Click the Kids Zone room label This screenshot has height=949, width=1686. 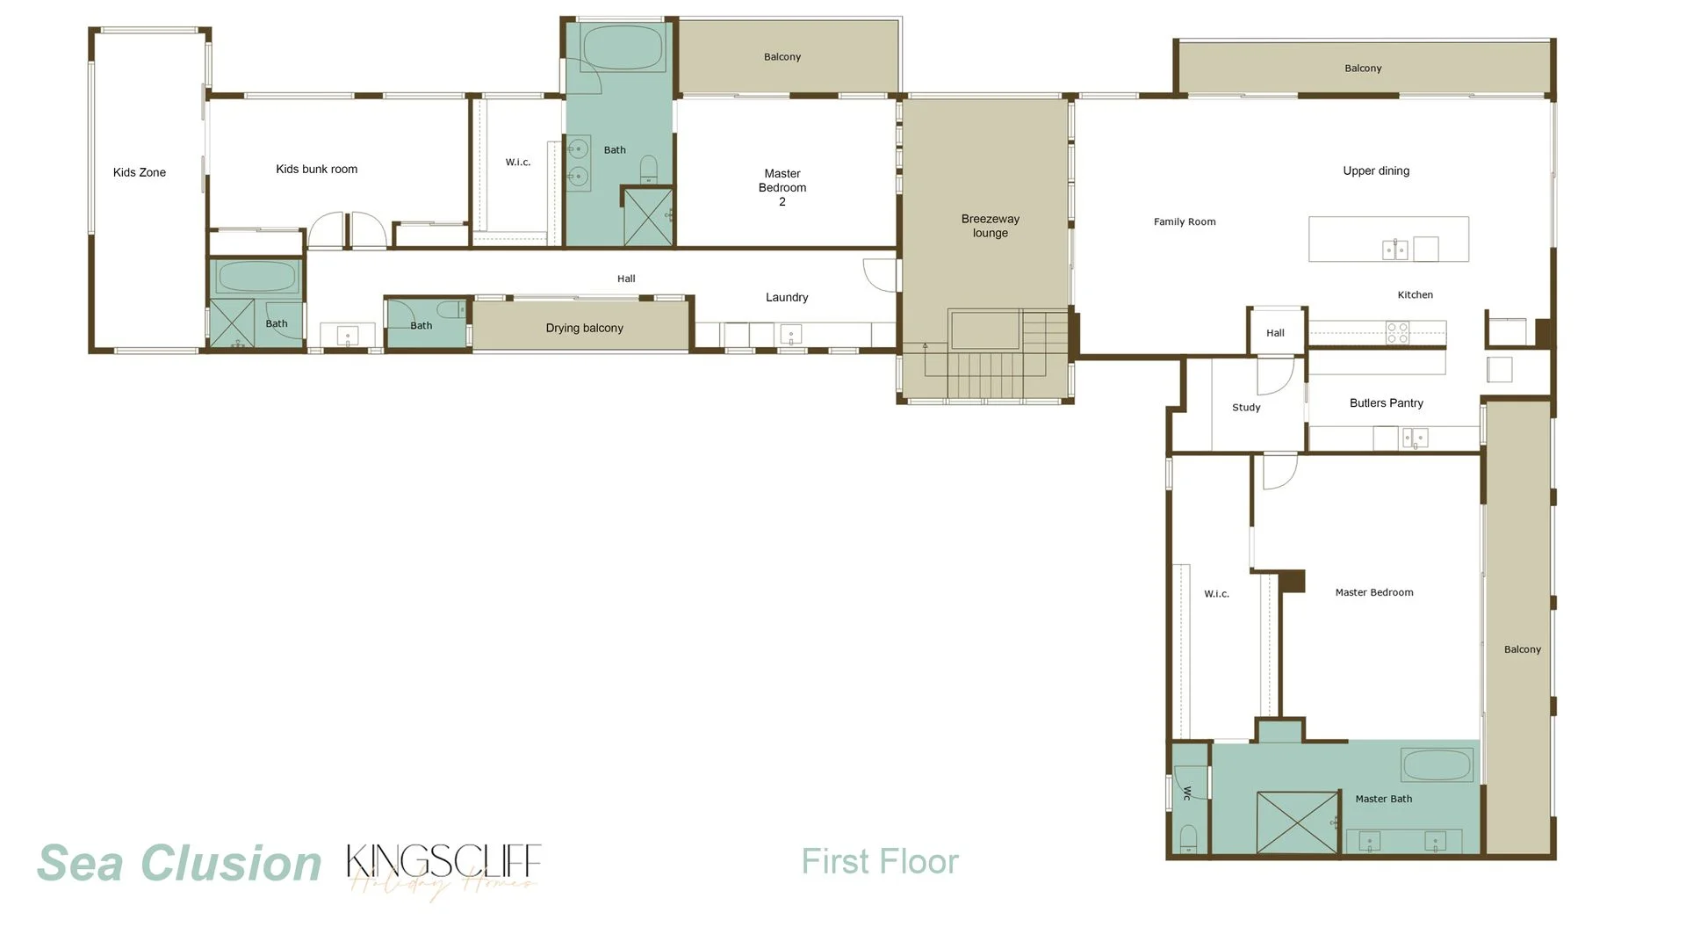click(x=140, y=172)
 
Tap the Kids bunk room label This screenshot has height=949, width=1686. click(x=316, y=169)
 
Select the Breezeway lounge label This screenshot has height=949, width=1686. click(x=990, y=226)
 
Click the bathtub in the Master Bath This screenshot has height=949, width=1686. click(x=1437, y=764)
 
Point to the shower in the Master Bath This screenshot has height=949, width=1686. click(x=1297, y=822)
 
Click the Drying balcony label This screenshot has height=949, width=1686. click(x=584, y=328)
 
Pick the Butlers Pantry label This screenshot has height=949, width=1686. click(x=1386, y=403)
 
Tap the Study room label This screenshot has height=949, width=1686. click(x=1245, y=408)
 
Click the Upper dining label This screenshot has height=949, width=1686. click(x=1375, y=171)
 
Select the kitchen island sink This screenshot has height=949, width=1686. click(x=1394, y=250)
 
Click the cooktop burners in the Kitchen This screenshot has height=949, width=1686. click(x=1397, y=333)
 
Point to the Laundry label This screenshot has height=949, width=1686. click(x=786, y=298)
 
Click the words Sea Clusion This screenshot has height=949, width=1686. click(x=179, y=863)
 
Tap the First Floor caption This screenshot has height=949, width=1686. click(x=879, y=861)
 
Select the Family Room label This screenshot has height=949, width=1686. click(x=1184, y=222)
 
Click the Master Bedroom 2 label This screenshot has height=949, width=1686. click(x=782, y=188)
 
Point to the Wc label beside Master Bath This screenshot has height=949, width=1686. click(x=1186, y=793)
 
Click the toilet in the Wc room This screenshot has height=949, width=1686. click(x=1188, y=837)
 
